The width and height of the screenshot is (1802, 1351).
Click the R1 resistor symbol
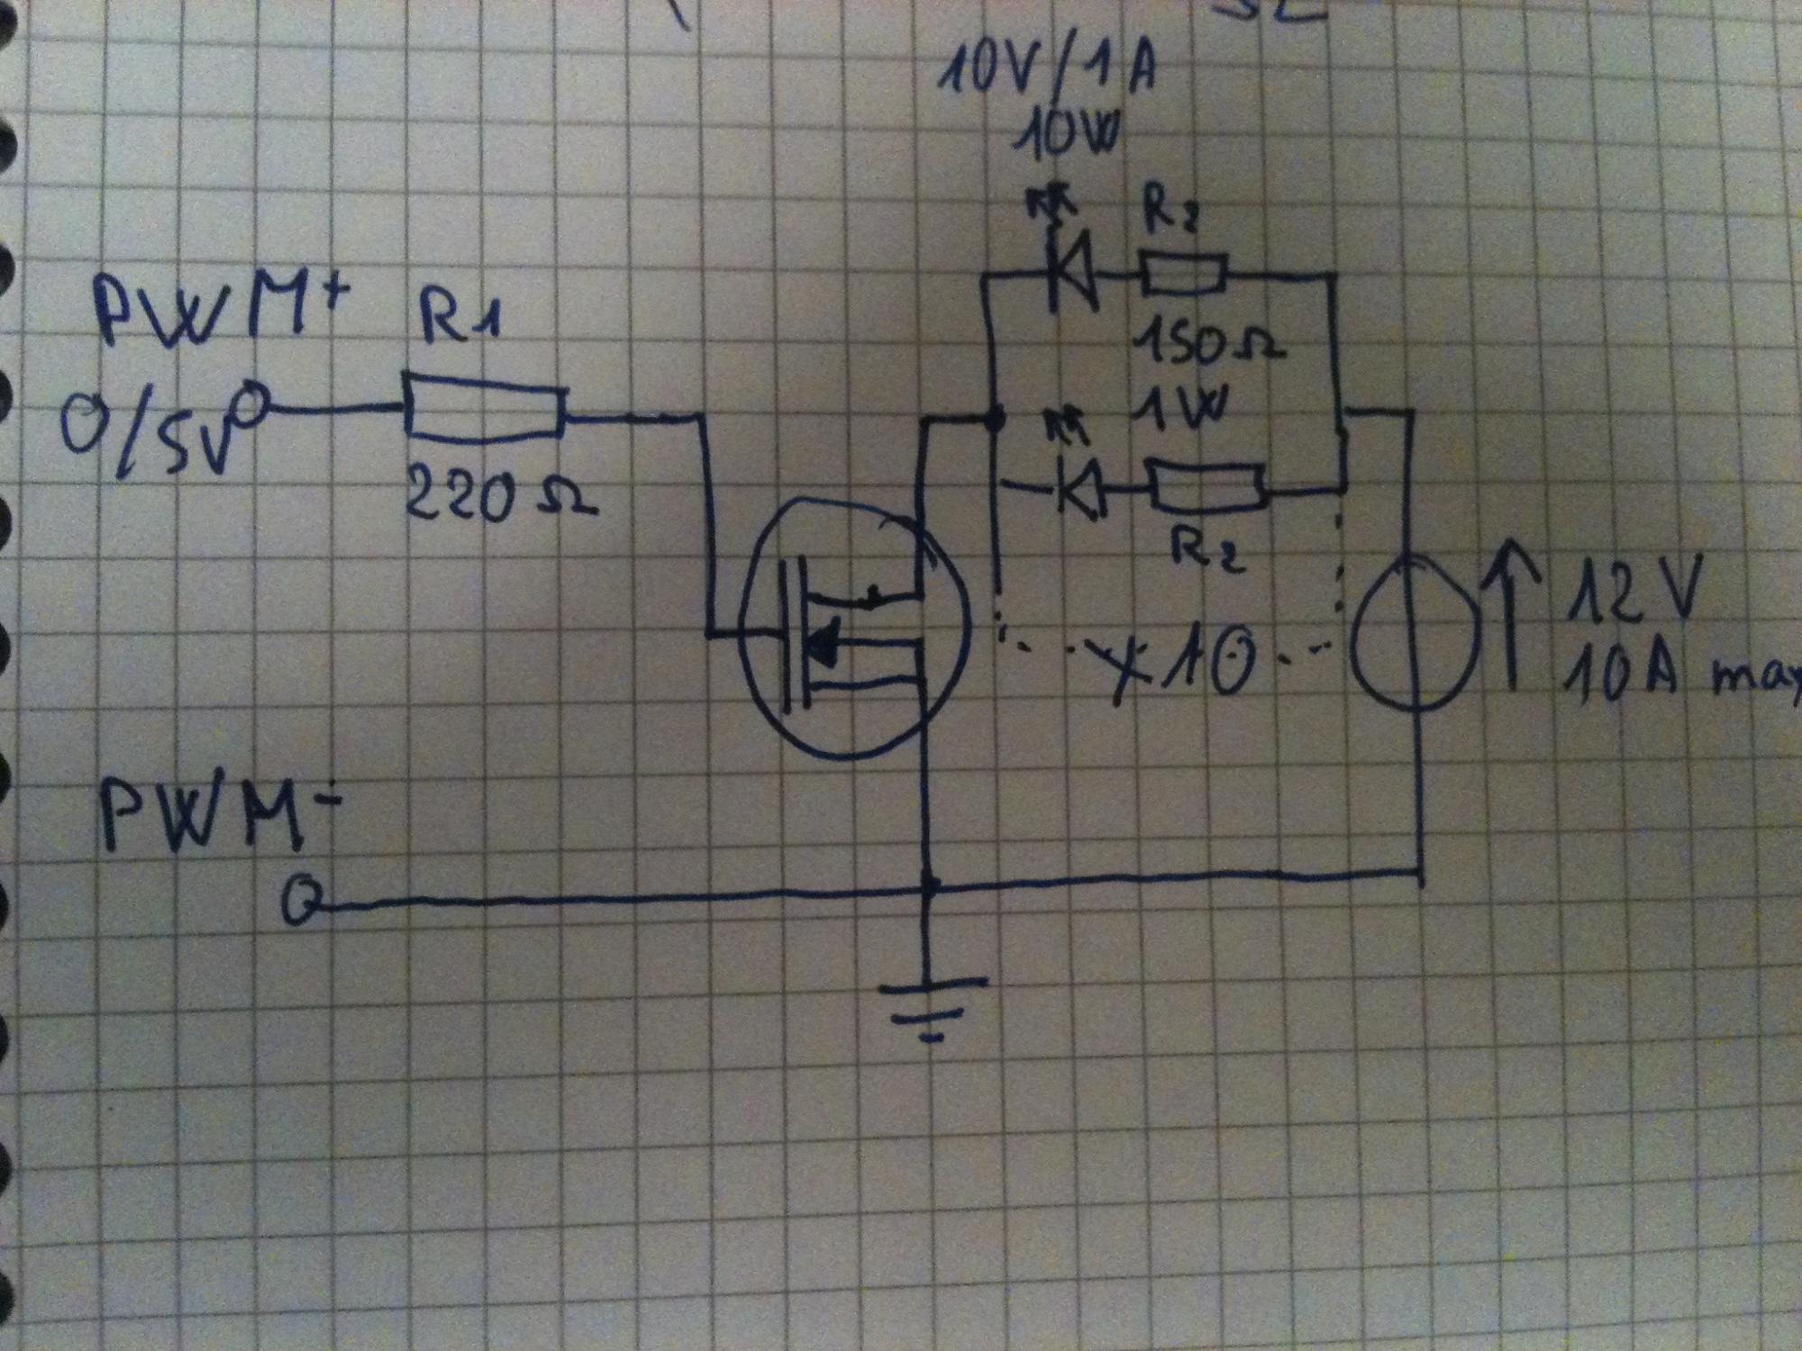[485, 408]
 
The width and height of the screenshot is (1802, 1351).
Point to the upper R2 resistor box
[1183, 274]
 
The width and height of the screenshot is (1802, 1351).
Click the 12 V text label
[1631, 590]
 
